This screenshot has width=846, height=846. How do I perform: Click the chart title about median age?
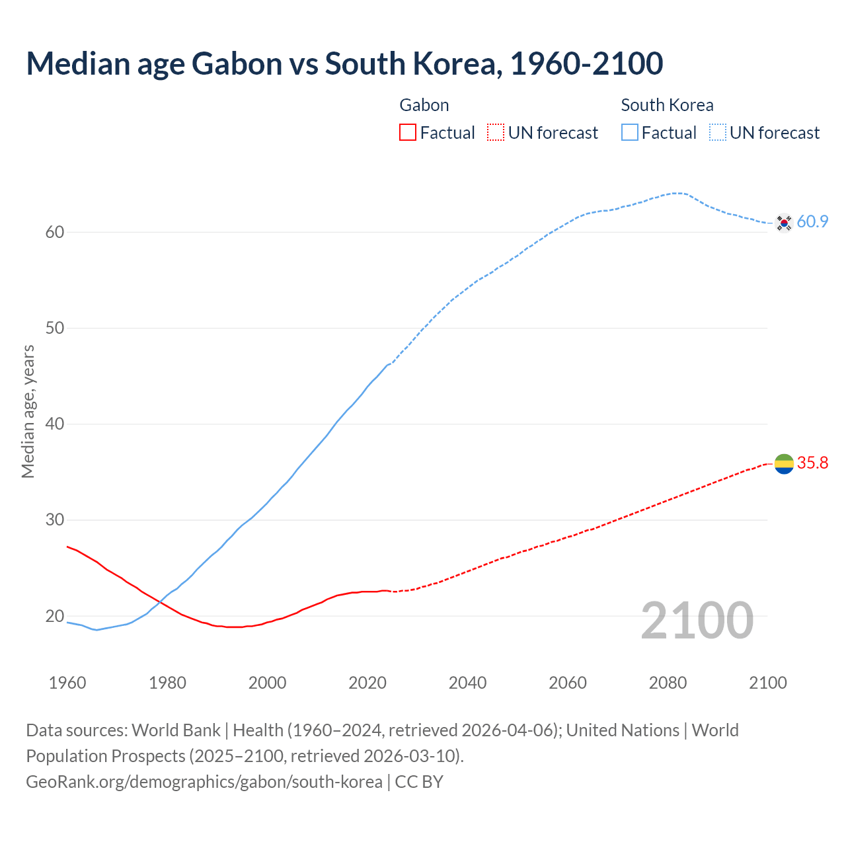click(344, 63)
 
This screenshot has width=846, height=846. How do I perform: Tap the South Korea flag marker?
click(784, 223)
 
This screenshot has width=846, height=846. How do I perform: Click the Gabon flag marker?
click(784, 464)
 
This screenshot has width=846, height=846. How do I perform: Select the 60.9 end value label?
click(812, 222)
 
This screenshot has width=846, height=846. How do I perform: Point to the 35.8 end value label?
click(812, 463)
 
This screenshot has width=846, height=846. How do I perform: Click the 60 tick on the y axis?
click(55, 232)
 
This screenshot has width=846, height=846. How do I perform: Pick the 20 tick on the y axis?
click(55, 616)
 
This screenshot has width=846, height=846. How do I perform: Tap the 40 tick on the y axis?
click(55, 424)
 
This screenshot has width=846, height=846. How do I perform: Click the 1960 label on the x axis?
click(67, 683)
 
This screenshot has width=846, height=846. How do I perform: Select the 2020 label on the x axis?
click(367, 683)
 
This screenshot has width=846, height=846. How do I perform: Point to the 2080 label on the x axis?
click(668, 683)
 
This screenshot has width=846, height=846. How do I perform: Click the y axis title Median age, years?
click(28, 411)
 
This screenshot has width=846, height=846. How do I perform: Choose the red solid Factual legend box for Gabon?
click(408, 133)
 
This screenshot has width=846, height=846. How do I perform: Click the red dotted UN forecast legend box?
click(496, 133)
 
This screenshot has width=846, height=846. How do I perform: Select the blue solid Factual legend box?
click(630, 133)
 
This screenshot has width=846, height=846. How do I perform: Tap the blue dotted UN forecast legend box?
click(718, 133)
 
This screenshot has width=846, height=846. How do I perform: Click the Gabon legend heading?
click(424, 105)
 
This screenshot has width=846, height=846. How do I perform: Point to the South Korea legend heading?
click(667, 105)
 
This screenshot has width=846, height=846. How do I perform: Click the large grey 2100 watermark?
click(697, 620)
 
